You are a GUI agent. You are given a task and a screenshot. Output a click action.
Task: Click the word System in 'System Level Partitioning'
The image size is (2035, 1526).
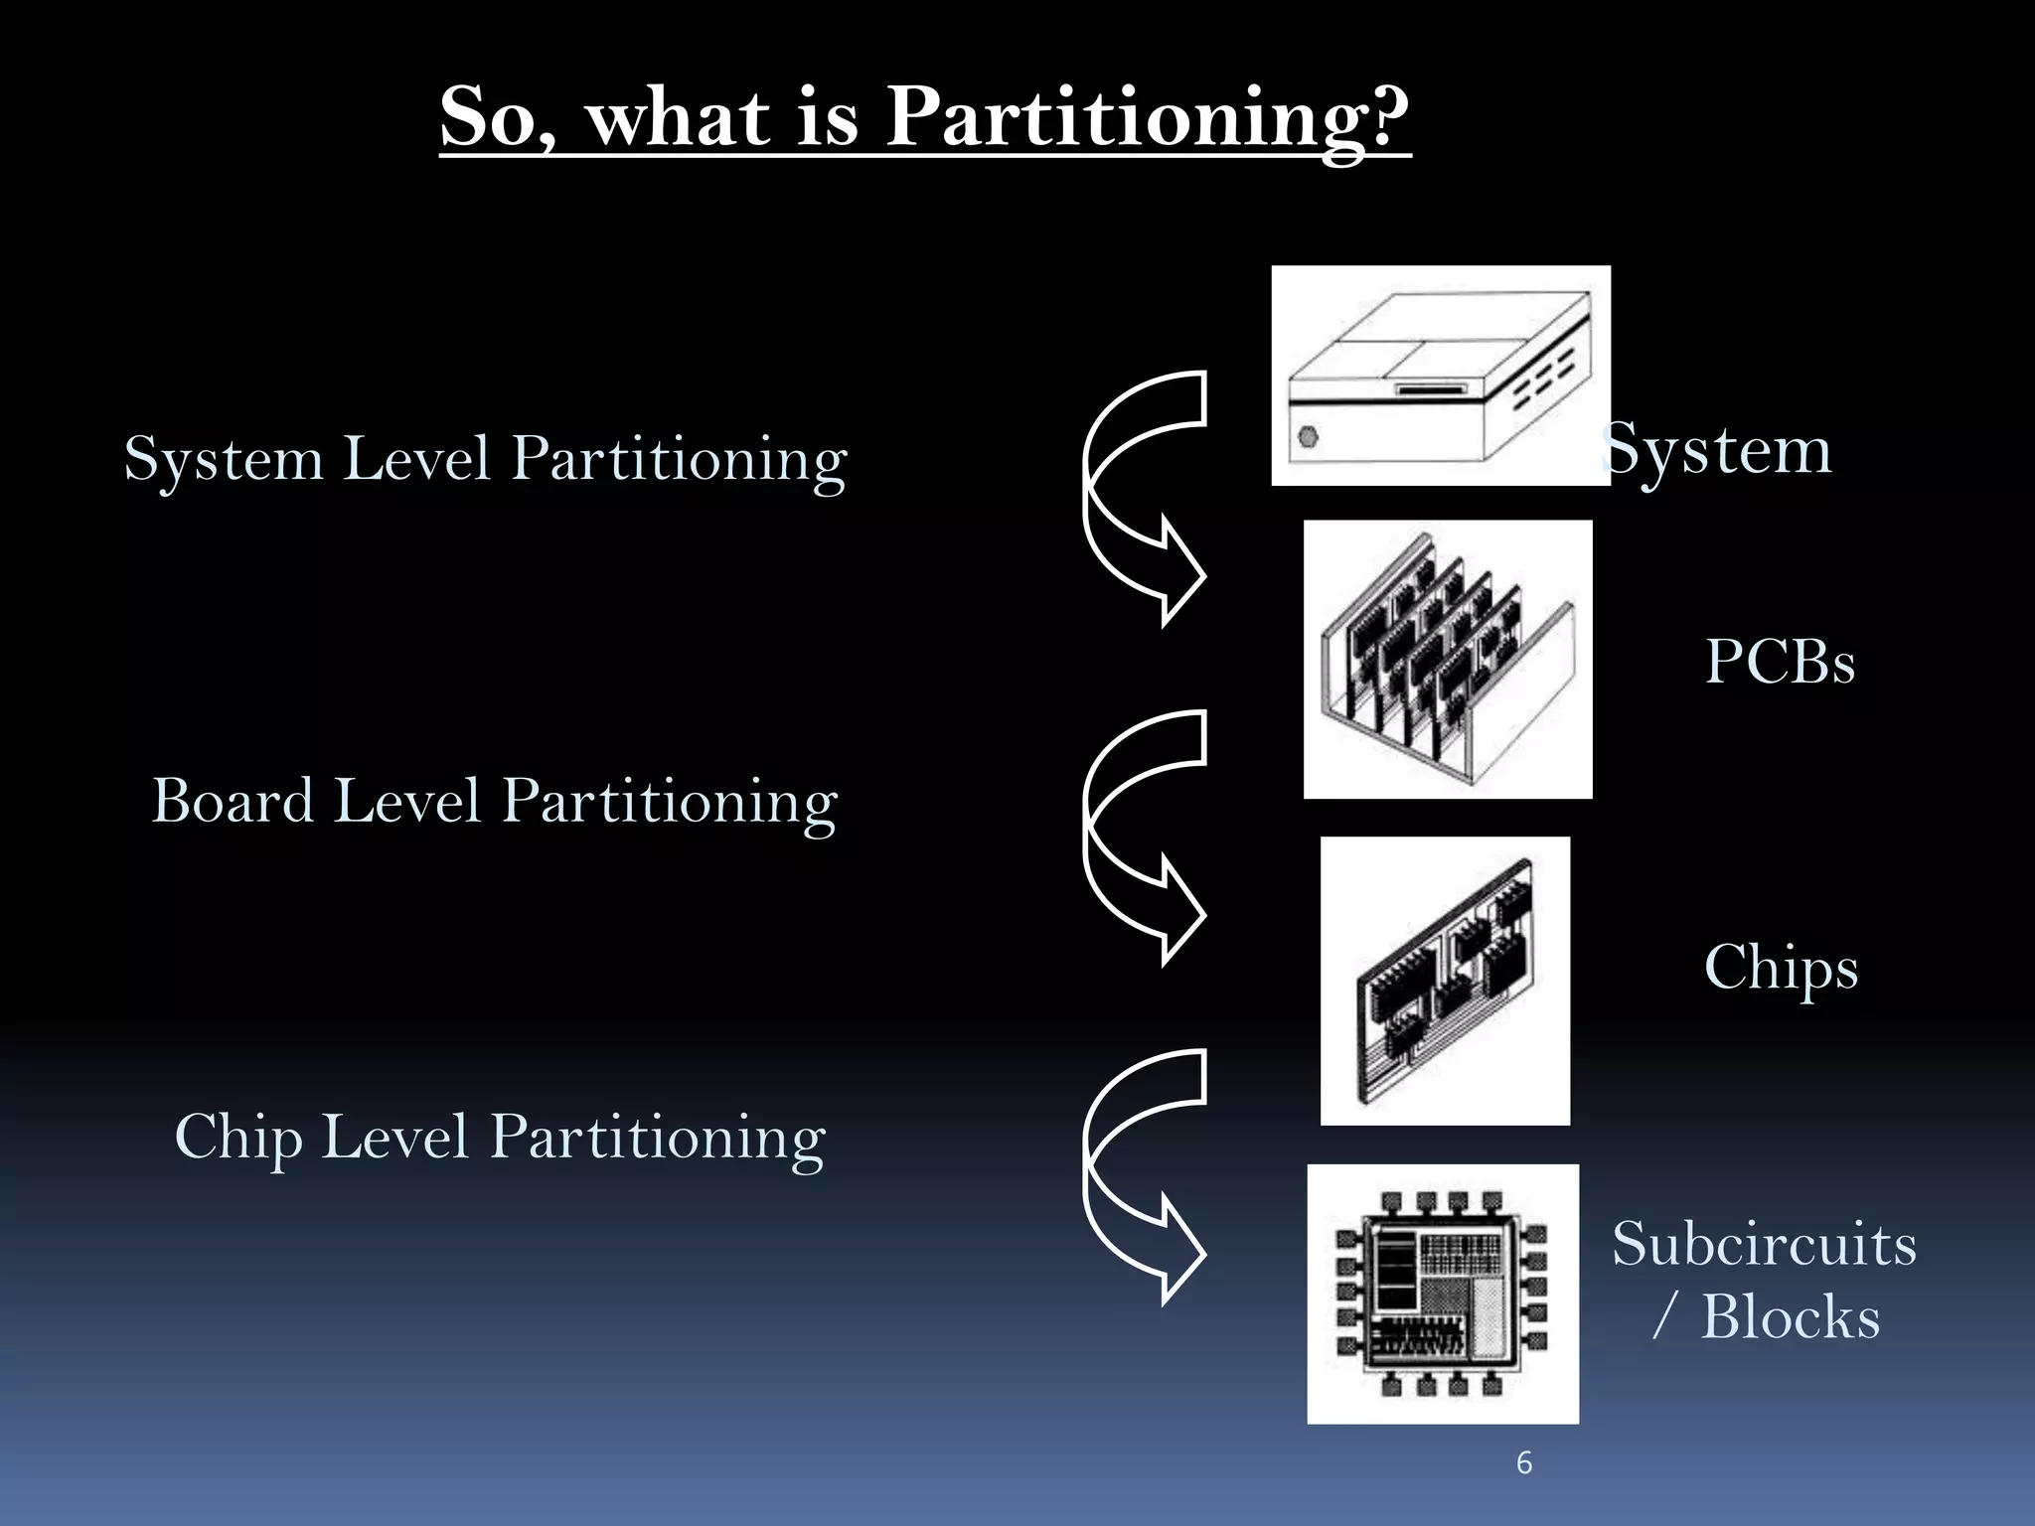pyautogui.click(x=224, y=459)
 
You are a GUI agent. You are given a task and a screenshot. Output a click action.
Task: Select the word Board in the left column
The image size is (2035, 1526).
pyautogui.click(x=233, y=801)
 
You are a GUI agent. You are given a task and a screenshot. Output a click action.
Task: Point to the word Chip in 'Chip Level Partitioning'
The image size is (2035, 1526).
pyautogui.click(x=237, y=1138)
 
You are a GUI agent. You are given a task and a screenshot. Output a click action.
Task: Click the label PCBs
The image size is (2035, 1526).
pyautogui.click(x=1780, y=662)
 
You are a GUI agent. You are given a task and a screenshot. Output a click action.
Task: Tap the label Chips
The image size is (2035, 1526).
pyautogui.click(x=1781, y=968)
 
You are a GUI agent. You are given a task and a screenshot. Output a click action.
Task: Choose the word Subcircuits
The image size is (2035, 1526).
pyautogui.click(x=1764, y=1244)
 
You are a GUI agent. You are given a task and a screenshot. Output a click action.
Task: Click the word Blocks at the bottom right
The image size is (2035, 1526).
pyautogui.click(x=1791, y=1317)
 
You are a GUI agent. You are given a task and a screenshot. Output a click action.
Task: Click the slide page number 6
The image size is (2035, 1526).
pyautogui.click(x=1524, y=1463)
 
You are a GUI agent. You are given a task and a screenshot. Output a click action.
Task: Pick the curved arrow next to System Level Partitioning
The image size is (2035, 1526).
pyautogui.click(x=1143, y=497)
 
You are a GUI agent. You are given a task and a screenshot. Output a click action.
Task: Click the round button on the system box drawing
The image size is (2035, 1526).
pyautogui.click(x=1309, y=436)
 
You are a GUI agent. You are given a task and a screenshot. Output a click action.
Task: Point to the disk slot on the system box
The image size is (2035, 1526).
pyautogui.click(x=1432, y=389)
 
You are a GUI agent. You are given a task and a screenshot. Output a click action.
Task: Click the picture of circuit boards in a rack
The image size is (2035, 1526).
pyautogui.click(x=1448, y=659)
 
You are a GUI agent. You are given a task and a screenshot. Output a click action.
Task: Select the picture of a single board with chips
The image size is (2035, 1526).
pyautogui.click(x=1445, y=981)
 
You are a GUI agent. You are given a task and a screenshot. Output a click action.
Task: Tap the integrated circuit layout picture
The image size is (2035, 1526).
pyautogui.click(x=1443, y=1294)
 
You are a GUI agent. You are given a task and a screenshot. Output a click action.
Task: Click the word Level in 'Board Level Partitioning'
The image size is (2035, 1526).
pyautogui.click(x=407, y=801)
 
